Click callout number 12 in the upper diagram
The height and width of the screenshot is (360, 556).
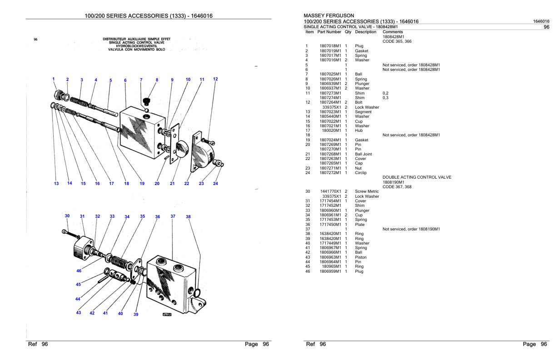click(216, 79)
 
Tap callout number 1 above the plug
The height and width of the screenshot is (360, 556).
click(54, 79)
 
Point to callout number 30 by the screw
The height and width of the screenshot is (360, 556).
click(67, 216)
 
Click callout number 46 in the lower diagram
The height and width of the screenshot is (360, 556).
click(79, 270)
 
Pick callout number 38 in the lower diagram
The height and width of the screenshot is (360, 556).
click(188, 217)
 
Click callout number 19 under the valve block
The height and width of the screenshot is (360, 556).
click(142, 184)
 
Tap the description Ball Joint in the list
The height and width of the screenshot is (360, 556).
click(363, 154)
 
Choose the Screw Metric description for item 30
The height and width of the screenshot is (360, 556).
click(367, 191)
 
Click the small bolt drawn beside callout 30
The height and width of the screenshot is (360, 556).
click(69, 233)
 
